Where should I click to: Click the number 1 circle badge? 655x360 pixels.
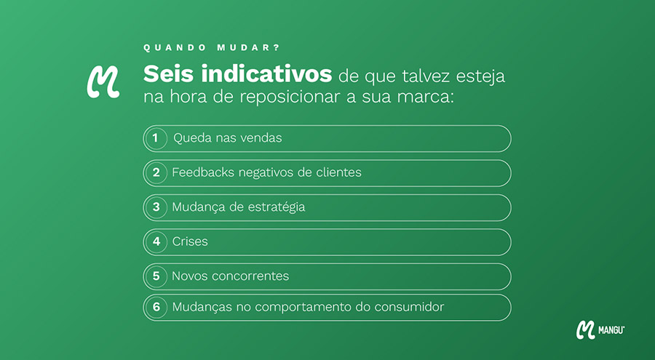click(x=156, y=138)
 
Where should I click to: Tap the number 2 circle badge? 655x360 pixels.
click(x=156, y=173)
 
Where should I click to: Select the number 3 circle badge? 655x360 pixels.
click(x=156, y=207)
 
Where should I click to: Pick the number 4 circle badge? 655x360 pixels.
click(x=156, y=241)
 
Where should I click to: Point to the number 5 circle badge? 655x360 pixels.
click(x=156, y=276)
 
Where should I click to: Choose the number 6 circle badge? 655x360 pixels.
click(x=156, y=308)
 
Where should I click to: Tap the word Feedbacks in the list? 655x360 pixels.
click(x=203, y=172)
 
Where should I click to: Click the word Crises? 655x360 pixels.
click(x=190, y=241)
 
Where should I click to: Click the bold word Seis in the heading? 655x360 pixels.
click(x=168, y=74)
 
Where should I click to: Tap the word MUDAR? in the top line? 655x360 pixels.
click(x=248, y=47)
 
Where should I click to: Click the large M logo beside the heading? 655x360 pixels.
click(x=103, y=82)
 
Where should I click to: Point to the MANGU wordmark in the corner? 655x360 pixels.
click(x=611, y=330)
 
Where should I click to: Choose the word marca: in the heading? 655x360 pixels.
click(x=425, y=97)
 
